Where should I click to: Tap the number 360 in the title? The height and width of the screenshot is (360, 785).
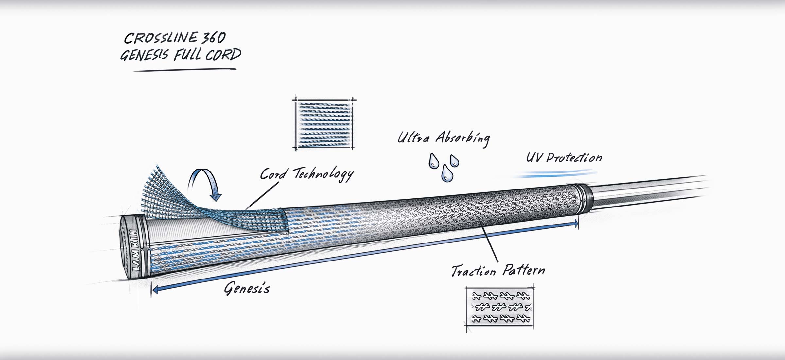coord(213,38)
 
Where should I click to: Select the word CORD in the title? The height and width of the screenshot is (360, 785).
coord(224,55)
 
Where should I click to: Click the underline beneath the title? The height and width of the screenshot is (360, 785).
coord(185,70)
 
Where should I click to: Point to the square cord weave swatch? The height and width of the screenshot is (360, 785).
coord(324,124)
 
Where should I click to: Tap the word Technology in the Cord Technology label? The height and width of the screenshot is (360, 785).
coord(323,174)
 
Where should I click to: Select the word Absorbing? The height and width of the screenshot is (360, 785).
coord(462,138)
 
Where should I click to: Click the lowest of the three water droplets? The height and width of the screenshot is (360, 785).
coord(447,173)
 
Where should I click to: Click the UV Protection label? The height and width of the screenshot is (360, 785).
coord(564,158)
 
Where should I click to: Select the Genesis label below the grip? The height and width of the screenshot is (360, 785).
coord(247,288)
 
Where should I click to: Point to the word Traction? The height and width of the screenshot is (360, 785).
coord(474,271)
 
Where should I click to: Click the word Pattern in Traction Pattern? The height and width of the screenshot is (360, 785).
coord(523,270)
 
